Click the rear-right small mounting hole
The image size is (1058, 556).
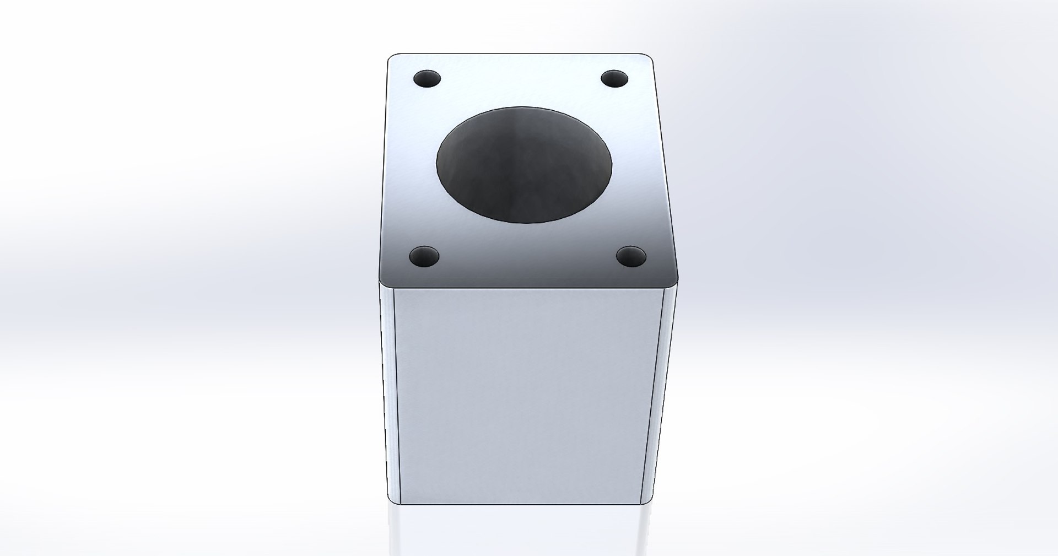coord(614,79)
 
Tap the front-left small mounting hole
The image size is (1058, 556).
coord(424,256)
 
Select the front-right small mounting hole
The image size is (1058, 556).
coord(631,256)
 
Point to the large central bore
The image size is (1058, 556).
coord(523,165)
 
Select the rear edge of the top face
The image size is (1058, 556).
coord(521,54)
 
